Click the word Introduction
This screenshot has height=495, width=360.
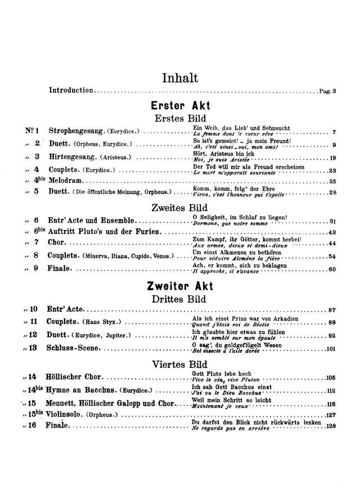click(x=71, y=91)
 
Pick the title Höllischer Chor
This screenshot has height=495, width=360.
click(x=77, y=377)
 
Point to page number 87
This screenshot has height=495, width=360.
click(x=331, y=310)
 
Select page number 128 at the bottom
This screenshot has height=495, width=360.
click(x=330, y=426)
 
